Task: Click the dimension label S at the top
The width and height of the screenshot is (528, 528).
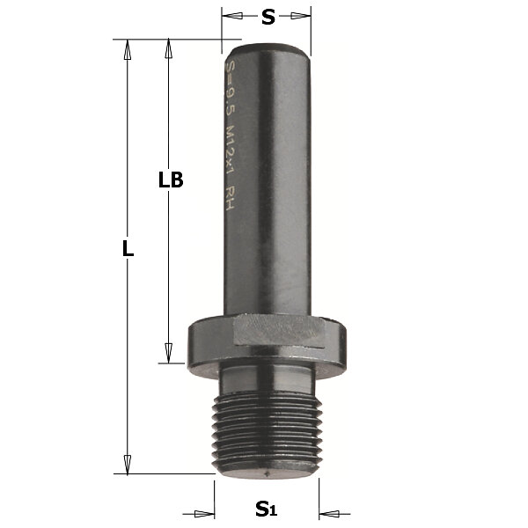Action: click(x=268, y=18)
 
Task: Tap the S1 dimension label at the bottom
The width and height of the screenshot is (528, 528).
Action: click(x=266, y=509)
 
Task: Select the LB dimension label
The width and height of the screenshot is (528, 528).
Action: click(x=171, y=180)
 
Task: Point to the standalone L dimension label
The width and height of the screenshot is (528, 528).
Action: click(x=128, y=249)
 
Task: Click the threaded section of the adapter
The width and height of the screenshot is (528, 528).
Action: click(x=267, y=433)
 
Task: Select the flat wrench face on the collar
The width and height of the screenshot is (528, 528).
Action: click(x=278, y=329)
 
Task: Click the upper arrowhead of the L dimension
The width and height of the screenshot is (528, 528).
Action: click(x=128, y=50)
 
